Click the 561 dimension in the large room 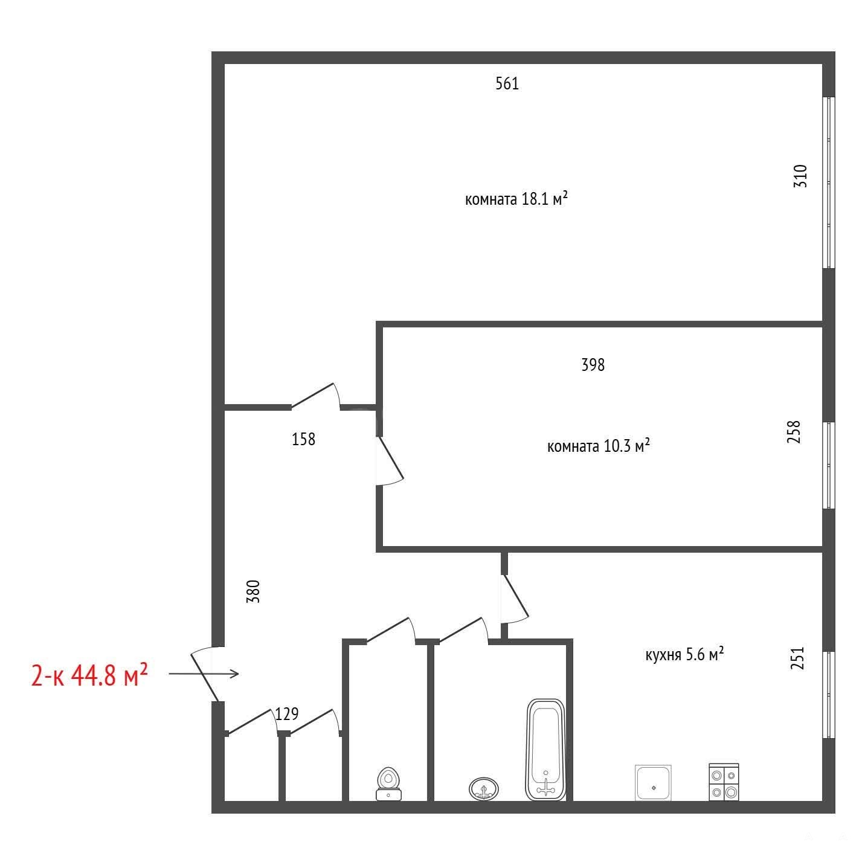click(x=507, y=83)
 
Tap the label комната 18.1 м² click(x=516, y=198)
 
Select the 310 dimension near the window click(x=800, y=176)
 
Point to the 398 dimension click(x=593, y=365)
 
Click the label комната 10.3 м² click(x=599, y=446)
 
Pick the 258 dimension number click(x=794, y=432)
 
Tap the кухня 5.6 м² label click(x=684, y=654)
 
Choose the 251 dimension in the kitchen click(x=797, y=658)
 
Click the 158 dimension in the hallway click(x=303, y=439)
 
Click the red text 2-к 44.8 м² click(x=89, y=675)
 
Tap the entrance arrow click(x=204, y=674)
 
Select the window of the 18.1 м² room click(x=829, y=182)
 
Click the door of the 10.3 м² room click(x=390, y=460)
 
